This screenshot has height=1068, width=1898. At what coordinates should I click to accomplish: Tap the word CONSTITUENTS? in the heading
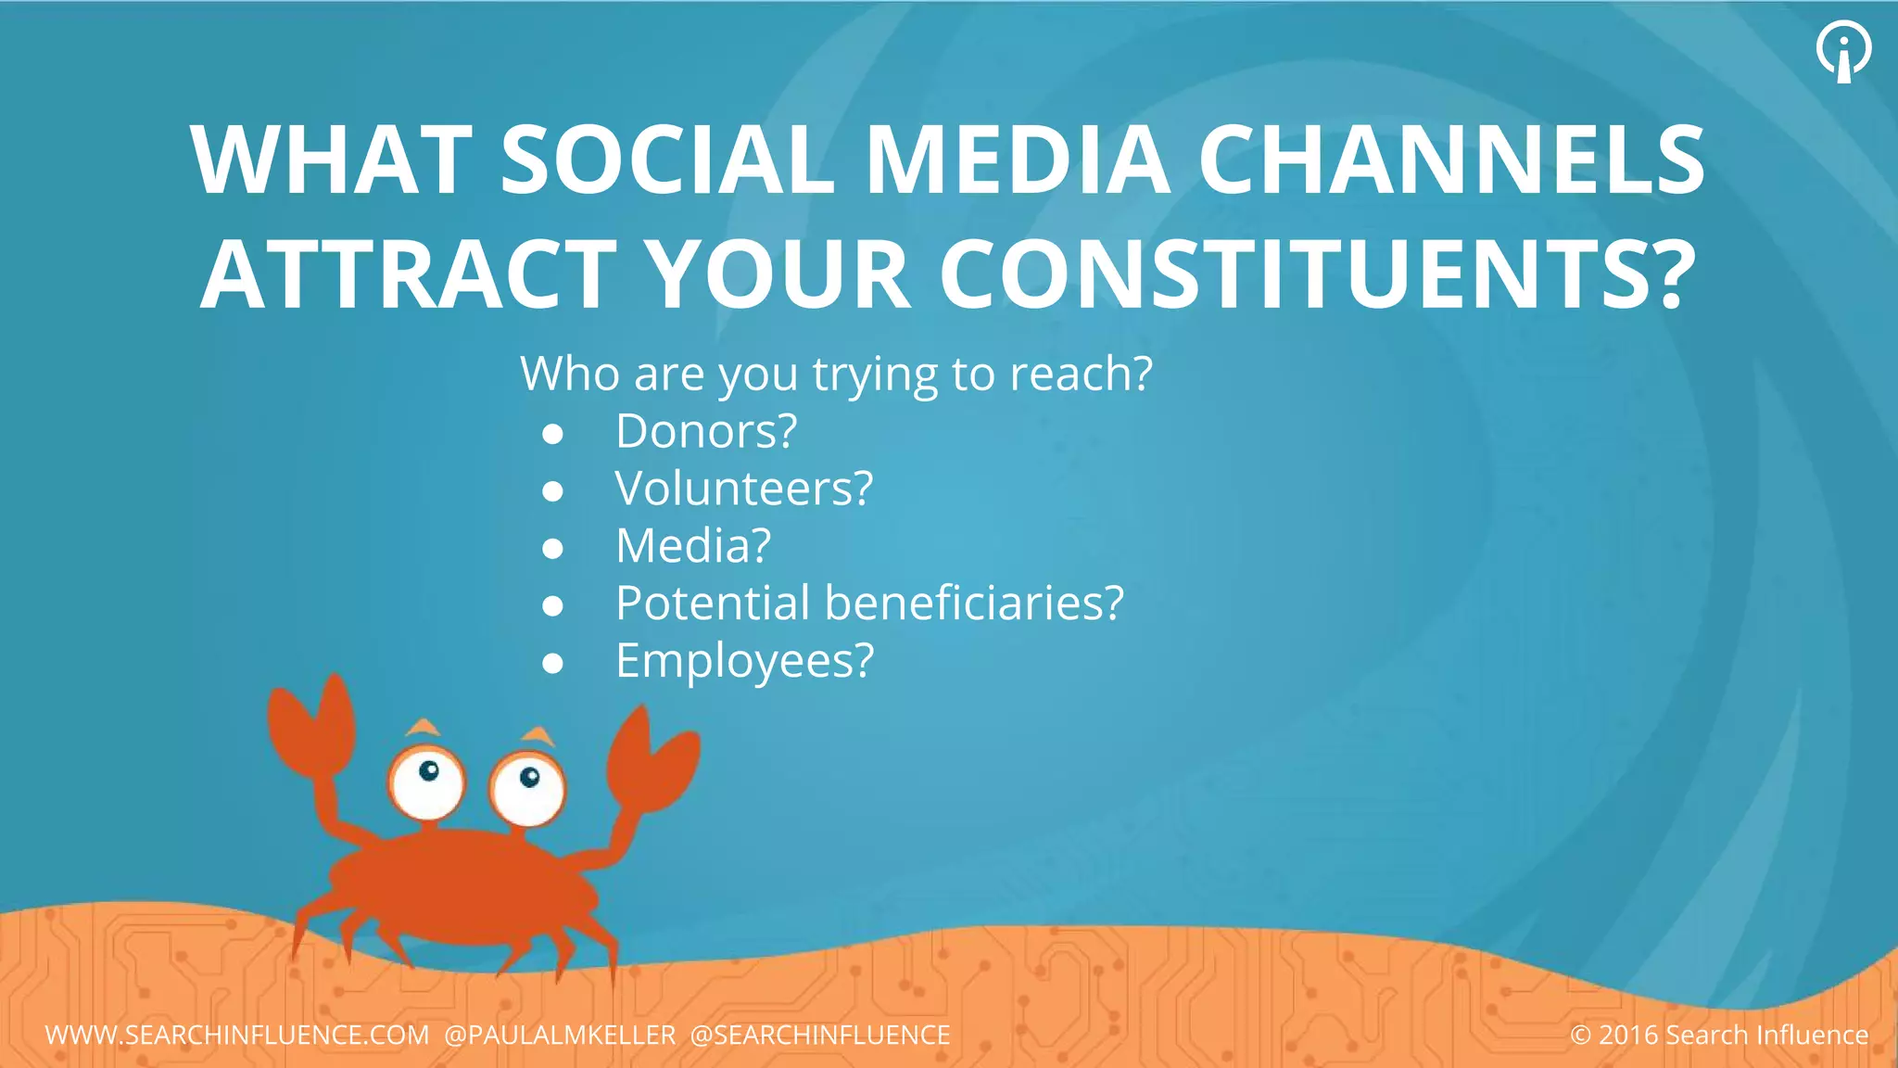click(x=1318, y=274)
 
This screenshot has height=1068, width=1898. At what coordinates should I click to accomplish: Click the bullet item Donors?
click(x=706, y=431)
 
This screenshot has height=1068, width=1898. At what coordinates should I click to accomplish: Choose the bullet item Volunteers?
click(x=744, y=489)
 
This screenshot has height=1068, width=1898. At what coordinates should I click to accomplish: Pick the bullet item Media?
click(x=693, y=546)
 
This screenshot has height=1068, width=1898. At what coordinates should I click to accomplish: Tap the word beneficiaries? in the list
click(x=974, y=604)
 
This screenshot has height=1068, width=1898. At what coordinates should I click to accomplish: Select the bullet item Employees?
click(x=744, y=661)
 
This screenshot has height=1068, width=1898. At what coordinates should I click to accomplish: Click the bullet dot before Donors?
click(x=553, y=434)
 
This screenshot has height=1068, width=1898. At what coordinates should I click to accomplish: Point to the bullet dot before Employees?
click(x=553, y=663)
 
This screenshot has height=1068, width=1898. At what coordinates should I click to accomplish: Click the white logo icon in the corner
click(x=1843, y=51)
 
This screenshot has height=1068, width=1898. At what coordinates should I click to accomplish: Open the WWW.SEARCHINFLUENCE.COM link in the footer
click(x=237, y=1035)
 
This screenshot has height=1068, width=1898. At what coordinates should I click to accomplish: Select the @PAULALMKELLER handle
click(x=560, y=1035)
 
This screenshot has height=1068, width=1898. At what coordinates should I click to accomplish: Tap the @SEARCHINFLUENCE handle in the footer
click(x=820, y=1035)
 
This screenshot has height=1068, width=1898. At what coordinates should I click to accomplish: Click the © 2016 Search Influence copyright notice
click(x=1719, y=1035)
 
